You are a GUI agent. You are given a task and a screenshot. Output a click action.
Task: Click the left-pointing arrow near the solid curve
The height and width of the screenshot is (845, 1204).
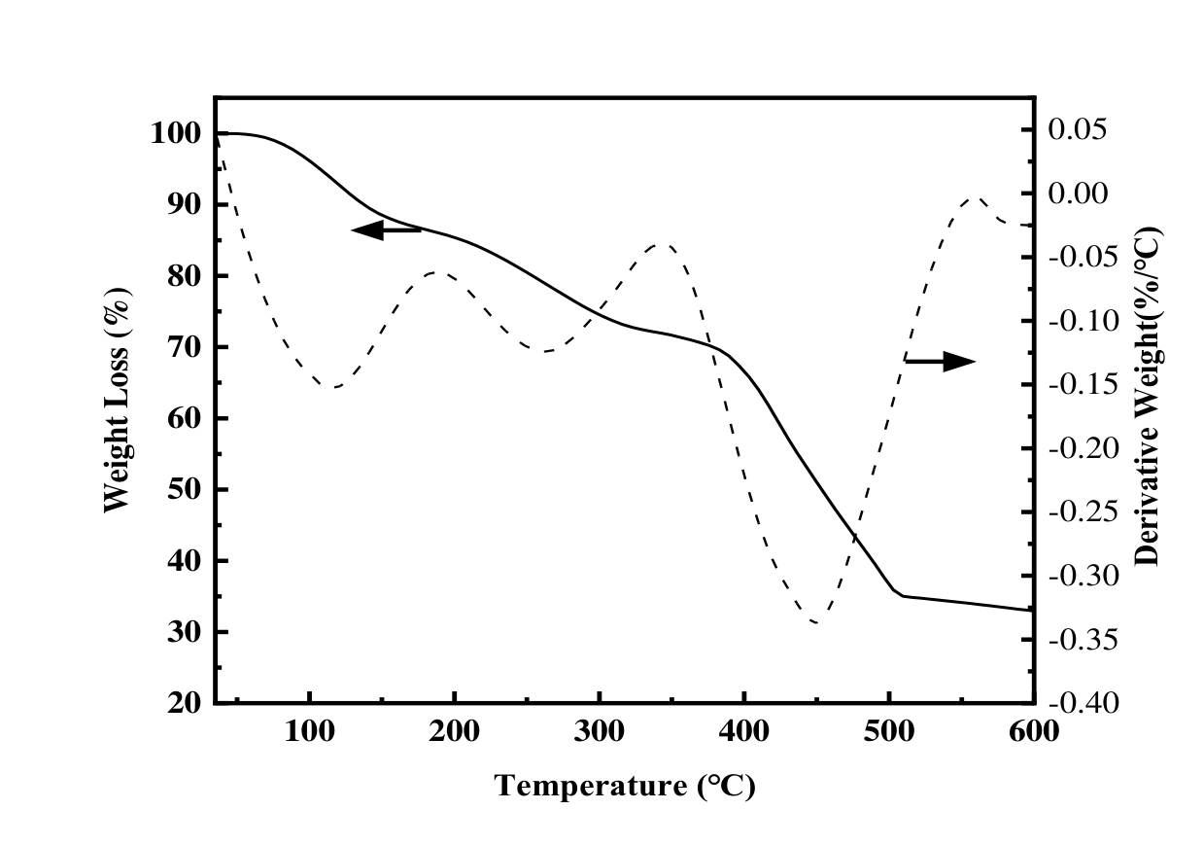(x=386, y=230)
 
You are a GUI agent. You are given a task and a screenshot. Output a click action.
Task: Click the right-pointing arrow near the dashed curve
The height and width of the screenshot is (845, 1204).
(x=940, y=361)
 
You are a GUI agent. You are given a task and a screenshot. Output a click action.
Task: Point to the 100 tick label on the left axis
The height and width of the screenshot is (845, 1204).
(x=176, y=133)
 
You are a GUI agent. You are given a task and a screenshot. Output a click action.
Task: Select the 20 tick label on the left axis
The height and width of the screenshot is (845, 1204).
(x=183, y=703)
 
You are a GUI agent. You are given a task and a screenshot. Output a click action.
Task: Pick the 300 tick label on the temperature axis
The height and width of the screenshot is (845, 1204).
(x=599, y=731)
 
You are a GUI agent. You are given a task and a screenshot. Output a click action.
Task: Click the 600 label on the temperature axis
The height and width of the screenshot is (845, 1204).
(x=1032, y=731)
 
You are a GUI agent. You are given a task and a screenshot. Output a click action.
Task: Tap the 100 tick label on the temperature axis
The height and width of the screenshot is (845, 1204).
(x=309, y=731)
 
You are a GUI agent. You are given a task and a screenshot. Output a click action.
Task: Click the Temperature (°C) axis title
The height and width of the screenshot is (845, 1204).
(x=625, y=786)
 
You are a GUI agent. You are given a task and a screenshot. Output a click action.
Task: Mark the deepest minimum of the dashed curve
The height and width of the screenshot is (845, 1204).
(x=814, y=622)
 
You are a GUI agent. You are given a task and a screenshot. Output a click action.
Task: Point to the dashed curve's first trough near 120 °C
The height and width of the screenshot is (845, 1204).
(x=333, y=387)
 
